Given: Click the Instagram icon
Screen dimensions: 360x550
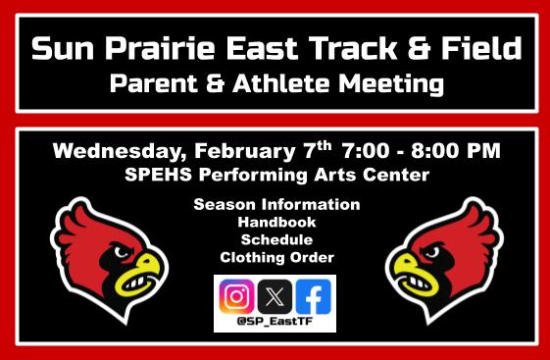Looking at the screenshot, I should coord(235,295).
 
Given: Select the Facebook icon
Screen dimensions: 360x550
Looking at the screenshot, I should coord(314,295).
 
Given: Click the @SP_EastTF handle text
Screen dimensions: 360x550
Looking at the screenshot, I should coord(275,321).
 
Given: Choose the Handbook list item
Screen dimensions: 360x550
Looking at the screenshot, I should coord(276,223).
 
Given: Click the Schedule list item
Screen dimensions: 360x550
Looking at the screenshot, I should coord(276,239).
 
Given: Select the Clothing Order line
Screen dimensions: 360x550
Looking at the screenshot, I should coord(276,257).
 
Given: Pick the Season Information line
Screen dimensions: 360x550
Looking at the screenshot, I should coord(276,205).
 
